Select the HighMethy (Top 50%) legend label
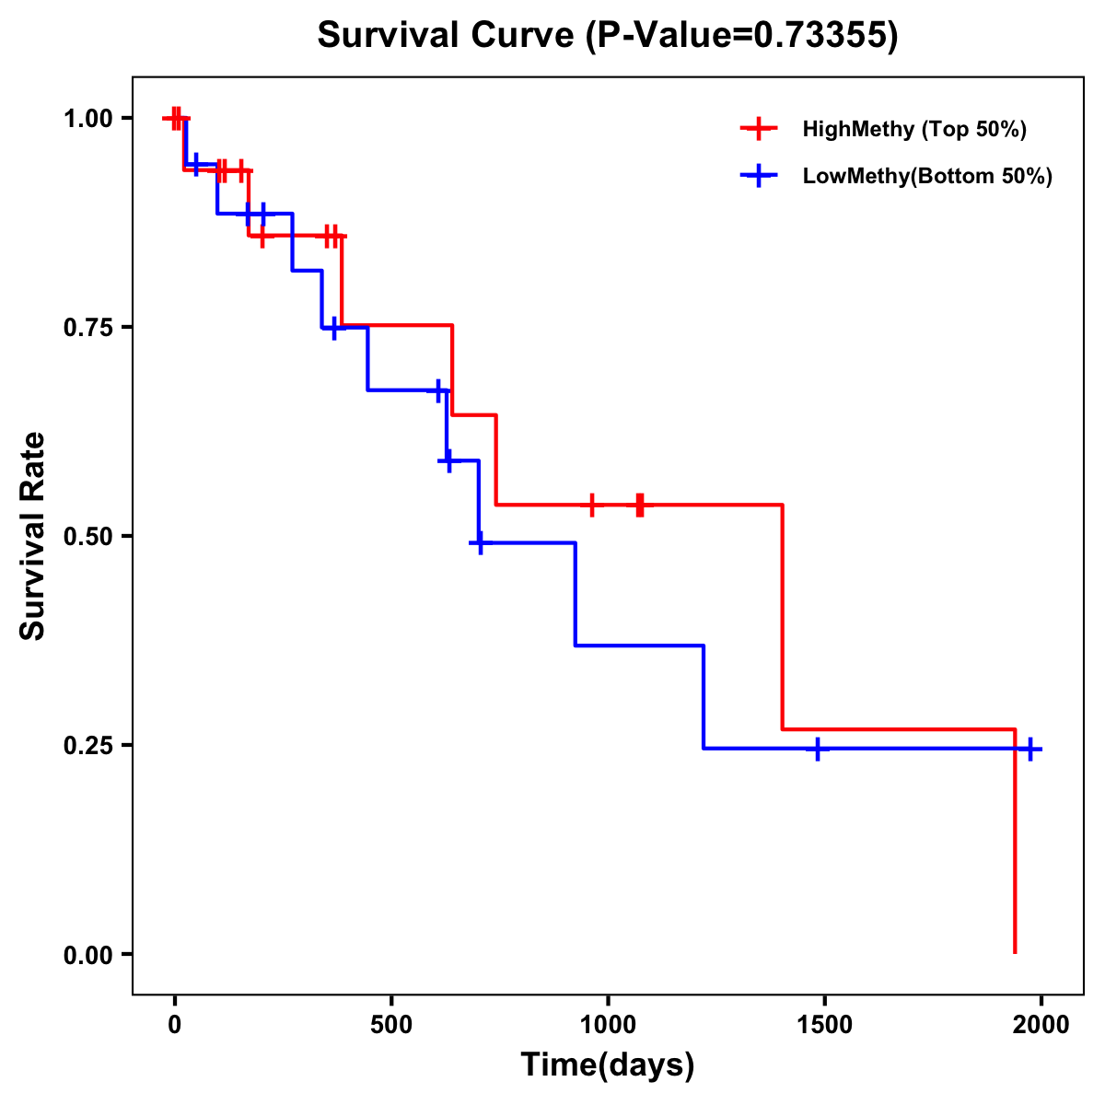[913, 129]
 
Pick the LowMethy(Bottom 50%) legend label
[926, 177]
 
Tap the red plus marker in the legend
[759, 129]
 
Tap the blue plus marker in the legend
[759, 176]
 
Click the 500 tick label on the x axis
[391, 1025]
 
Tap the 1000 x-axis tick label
[608, 1025]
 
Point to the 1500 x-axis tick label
[824, 1025]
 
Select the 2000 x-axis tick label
[1041, 1025]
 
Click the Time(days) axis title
[608, 1065]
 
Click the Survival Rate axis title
[33, 536]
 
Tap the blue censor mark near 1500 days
[817, 749]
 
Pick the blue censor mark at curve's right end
[1030, 749]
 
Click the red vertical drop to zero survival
[1015, 847]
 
